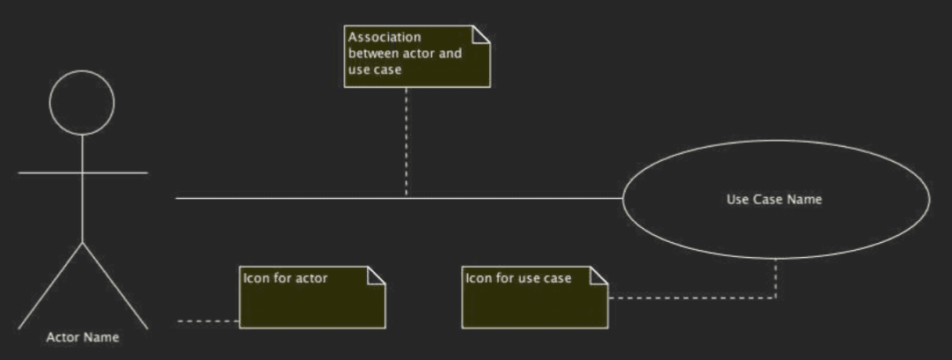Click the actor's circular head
coord(82,71)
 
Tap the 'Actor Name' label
coord(83,337)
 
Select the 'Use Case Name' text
coord(774,199)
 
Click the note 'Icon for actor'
coord(312,298)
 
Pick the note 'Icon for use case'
coord(535,298)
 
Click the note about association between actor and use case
coord(417,56)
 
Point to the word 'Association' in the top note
coord(384,38)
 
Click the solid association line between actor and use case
coord(399,198)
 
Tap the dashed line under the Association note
coord(406,143)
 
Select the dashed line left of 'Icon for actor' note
coord(209,320)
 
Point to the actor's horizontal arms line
coord(83,173)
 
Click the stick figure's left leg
coord(50,286)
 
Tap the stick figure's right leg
coord(114,286)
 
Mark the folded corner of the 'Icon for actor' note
coord(377,276)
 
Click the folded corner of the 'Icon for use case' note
coord(599,276)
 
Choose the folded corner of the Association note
coord(481,34)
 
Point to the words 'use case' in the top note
coord(375,70)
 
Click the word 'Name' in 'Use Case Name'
coord(806,199)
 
